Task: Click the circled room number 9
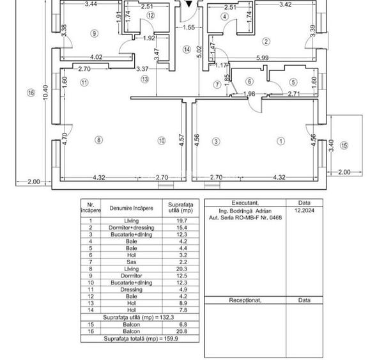point(95,33)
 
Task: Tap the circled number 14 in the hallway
point(187,50)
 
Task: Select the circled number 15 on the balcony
point(344,145)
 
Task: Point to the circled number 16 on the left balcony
point(31,93)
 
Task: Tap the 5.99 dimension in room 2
point(263,58)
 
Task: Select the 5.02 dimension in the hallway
point(200,52)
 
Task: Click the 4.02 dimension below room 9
point(96,58)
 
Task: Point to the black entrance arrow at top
point(189,4)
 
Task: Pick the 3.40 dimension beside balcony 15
point(331,146)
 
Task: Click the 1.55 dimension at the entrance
point(188,27)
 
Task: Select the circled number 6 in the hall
point(249,82)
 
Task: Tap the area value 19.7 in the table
point(181,221)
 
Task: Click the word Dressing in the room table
point(131,290)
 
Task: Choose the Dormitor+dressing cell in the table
point(131,228)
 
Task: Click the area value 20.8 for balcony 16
point(181,331)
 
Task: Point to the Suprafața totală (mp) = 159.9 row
point(141,339)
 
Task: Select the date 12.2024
point(304,210)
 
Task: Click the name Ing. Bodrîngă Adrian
point(245,211)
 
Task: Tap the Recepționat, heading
point(245,301)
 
